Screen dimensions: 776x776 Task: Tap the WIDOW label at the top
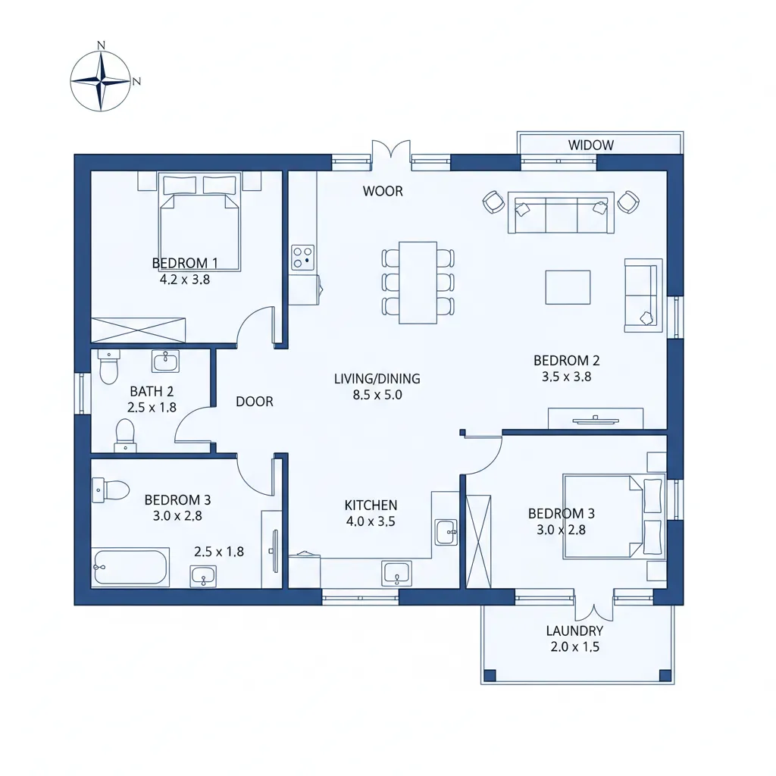pyautogui.click(x=590, y=145)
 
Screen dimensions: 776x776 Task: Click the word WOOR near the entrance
pyautogui.click(x=383, y=191)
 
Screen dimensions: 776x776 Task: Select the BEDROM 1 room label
pyautogui.click(x=185, y=263)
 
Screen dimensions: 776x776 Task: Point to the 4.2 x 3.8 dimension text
pyautogui.click(x=184, y=279)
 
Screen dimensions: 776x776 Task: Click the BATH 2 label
pyautogui.click(x=152, y=391)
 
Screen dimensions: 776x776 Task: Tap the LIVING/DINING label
pyautogui.click(x=377, y=378)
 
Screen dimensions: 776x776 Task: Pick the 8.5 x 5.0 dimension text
pyautogui.click(x=377, y=395)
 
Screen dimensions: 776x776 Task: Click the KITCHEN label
pyautogui.click(x=371, y=505)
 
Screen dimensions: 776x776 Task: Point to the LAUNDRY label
pyautogui.click(x=574, y=630)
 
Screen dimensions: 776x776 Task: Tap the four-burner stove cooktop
pyautogui.click(x=303, y=257)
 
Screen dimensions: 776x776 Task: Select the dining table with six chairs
pyautogui.click(x=418, y=282)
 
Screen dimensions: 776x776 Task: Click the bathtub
pyautogui.click(x=131, y=568)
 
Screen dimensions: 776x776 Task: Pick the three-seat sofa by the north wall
pyautogui.click(x=560, y=212)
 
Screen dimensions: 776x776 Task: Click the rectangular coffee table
pyautogui.click(x=568, y=287)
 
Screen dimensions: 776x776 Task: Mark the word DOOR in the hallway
pyautogui.click(x=254, y=402)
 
